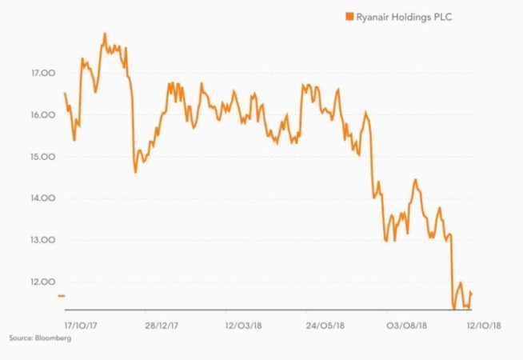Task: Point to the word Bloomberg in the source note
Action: [54, 339]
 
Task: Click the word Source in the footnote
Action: [19, 339]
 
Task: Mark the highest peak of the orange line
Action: [105, 34]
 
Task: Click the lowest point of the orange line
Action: [453, 308]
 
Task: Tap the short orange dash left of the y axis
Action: [61, 296]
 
